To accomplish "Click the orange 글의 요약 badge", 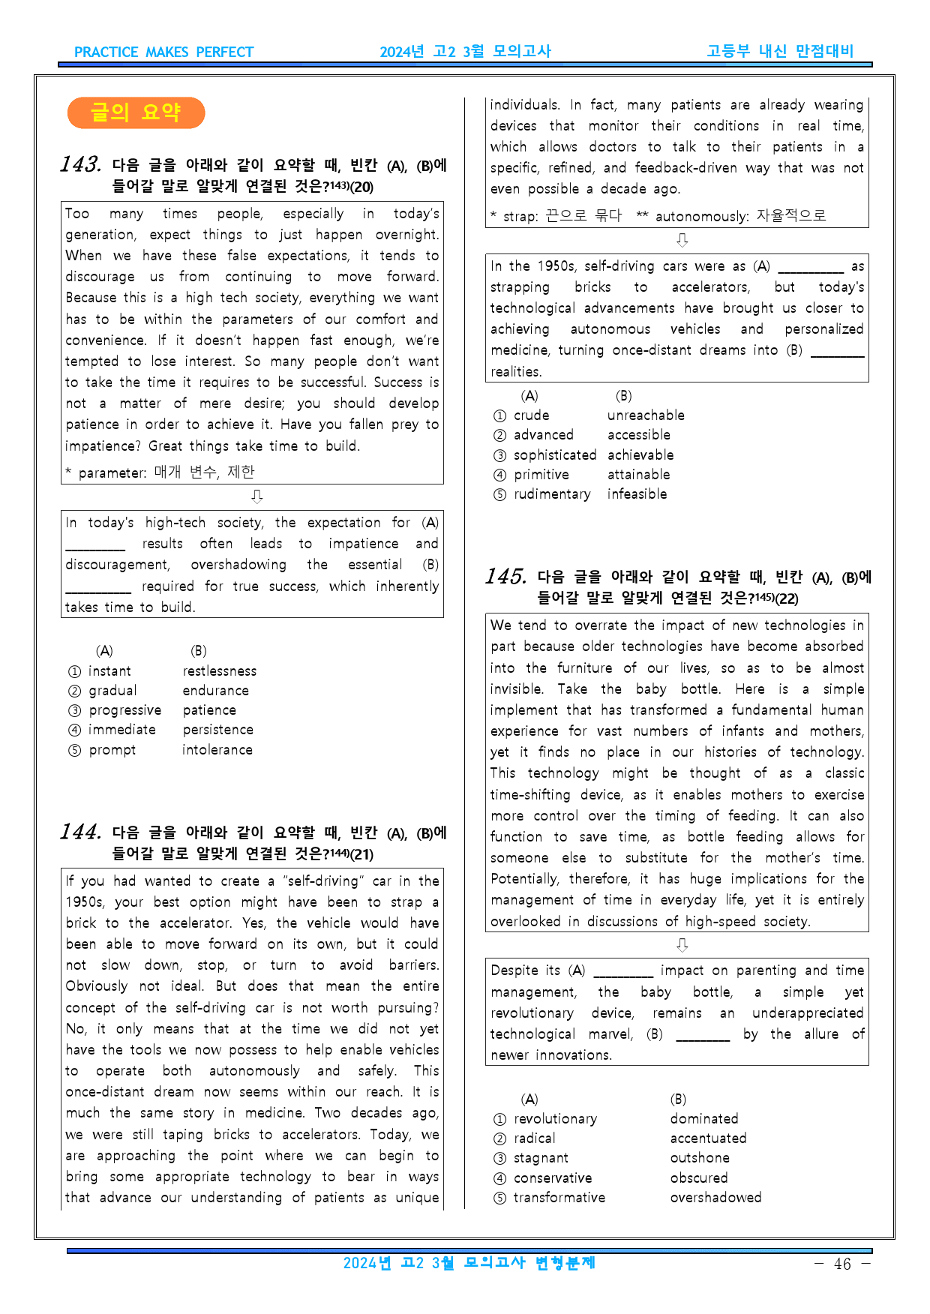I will coord(136,112).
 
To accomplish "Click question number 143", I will coord(80,164).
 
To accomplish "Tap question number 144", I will coord(80,832).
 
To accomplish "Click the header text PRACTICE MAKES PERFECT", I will coord(163,52).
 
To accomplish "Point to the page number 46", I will coord(842,1264).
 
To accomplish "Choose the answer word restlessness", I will coord(219,671).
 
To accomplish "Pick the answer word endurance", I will coord(215,691).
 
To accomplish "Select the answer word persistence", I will coord(217,730).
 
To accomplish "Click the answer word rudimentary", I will coord(552,494).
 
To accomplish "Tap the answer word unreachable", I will coord(646,415).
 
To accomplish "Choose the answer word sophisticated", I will coord(555,455).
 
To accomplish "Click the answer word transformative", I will coord(559,1198).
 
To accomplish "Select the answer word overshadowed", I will coord(715,1198).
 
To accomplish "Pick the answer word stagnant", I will coord(541,1158).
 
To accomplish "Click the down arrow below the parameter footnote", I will coord(256,496).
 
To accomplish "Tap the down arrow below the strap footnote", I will coord(682,240).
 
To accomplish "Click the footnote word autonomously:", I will coord(702,217).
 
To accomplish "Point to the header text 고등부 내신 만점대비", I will coord(780,51).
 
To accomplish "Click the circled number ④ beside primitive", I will coord(500,475).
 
